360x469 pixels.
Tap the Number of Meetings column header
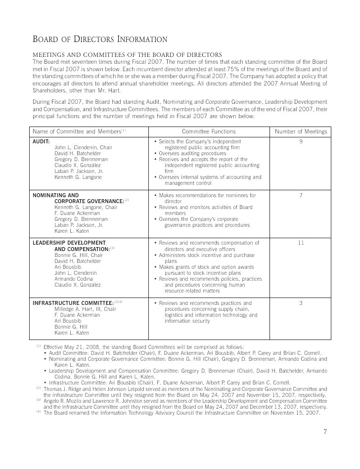click(301, 131)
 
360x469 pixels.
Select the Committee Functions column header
click(209, 131)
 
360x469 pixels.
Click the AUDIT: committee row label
click(41, 141)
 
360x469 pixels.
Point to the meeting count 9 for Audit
click(301, 141)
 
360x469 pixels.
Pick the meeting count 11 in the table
click(301, 243)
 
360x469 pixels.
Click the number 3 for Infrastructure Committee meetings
click(301, 303)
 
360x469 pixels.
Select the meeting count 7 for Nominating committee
click(301, 195)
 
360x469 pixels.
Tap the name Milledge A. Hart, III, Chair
click(85, 309)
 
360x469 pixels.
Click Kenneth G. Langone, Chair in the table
click(86, 207)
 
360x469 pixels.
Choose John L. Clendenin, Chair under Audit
click(83, 147)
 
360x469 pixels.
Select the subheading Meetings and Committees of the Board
click(127, 54)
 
